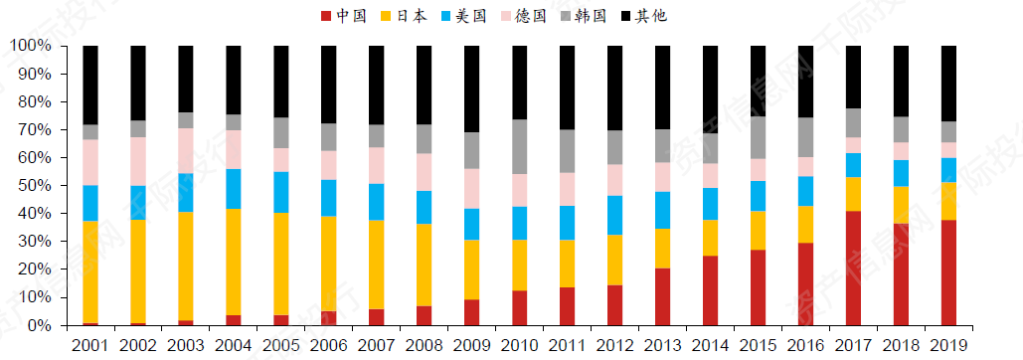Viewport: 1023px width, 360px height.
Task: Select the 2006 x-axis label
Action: pos(329,344)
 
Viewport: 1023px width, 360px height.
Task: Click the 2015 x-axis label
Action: pos(758,344)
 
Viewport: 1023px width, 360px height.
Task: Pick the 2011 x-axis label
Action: pos(567,344)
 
